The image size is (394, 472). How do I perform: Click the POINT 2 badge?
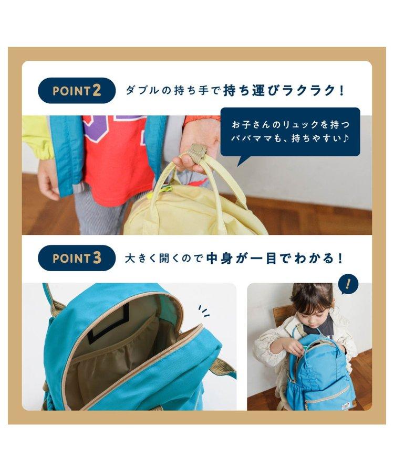77,91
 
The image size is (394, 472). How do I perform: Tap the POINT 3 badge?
77,258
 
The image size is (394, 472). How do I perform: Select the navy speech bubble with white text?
291,133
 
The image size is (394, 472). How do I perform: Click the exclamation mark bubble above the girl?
349,283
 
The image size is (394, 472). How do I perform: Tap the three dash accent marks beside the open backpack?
204,310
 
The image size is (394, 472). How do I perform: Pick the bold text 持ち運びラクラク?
283,91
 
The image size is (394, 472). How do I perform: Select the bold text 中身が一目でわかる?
275,258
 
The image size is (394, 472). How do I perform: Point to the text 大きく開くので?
164,258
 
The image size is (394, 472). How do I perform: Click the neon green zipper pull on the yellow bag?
167,189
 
